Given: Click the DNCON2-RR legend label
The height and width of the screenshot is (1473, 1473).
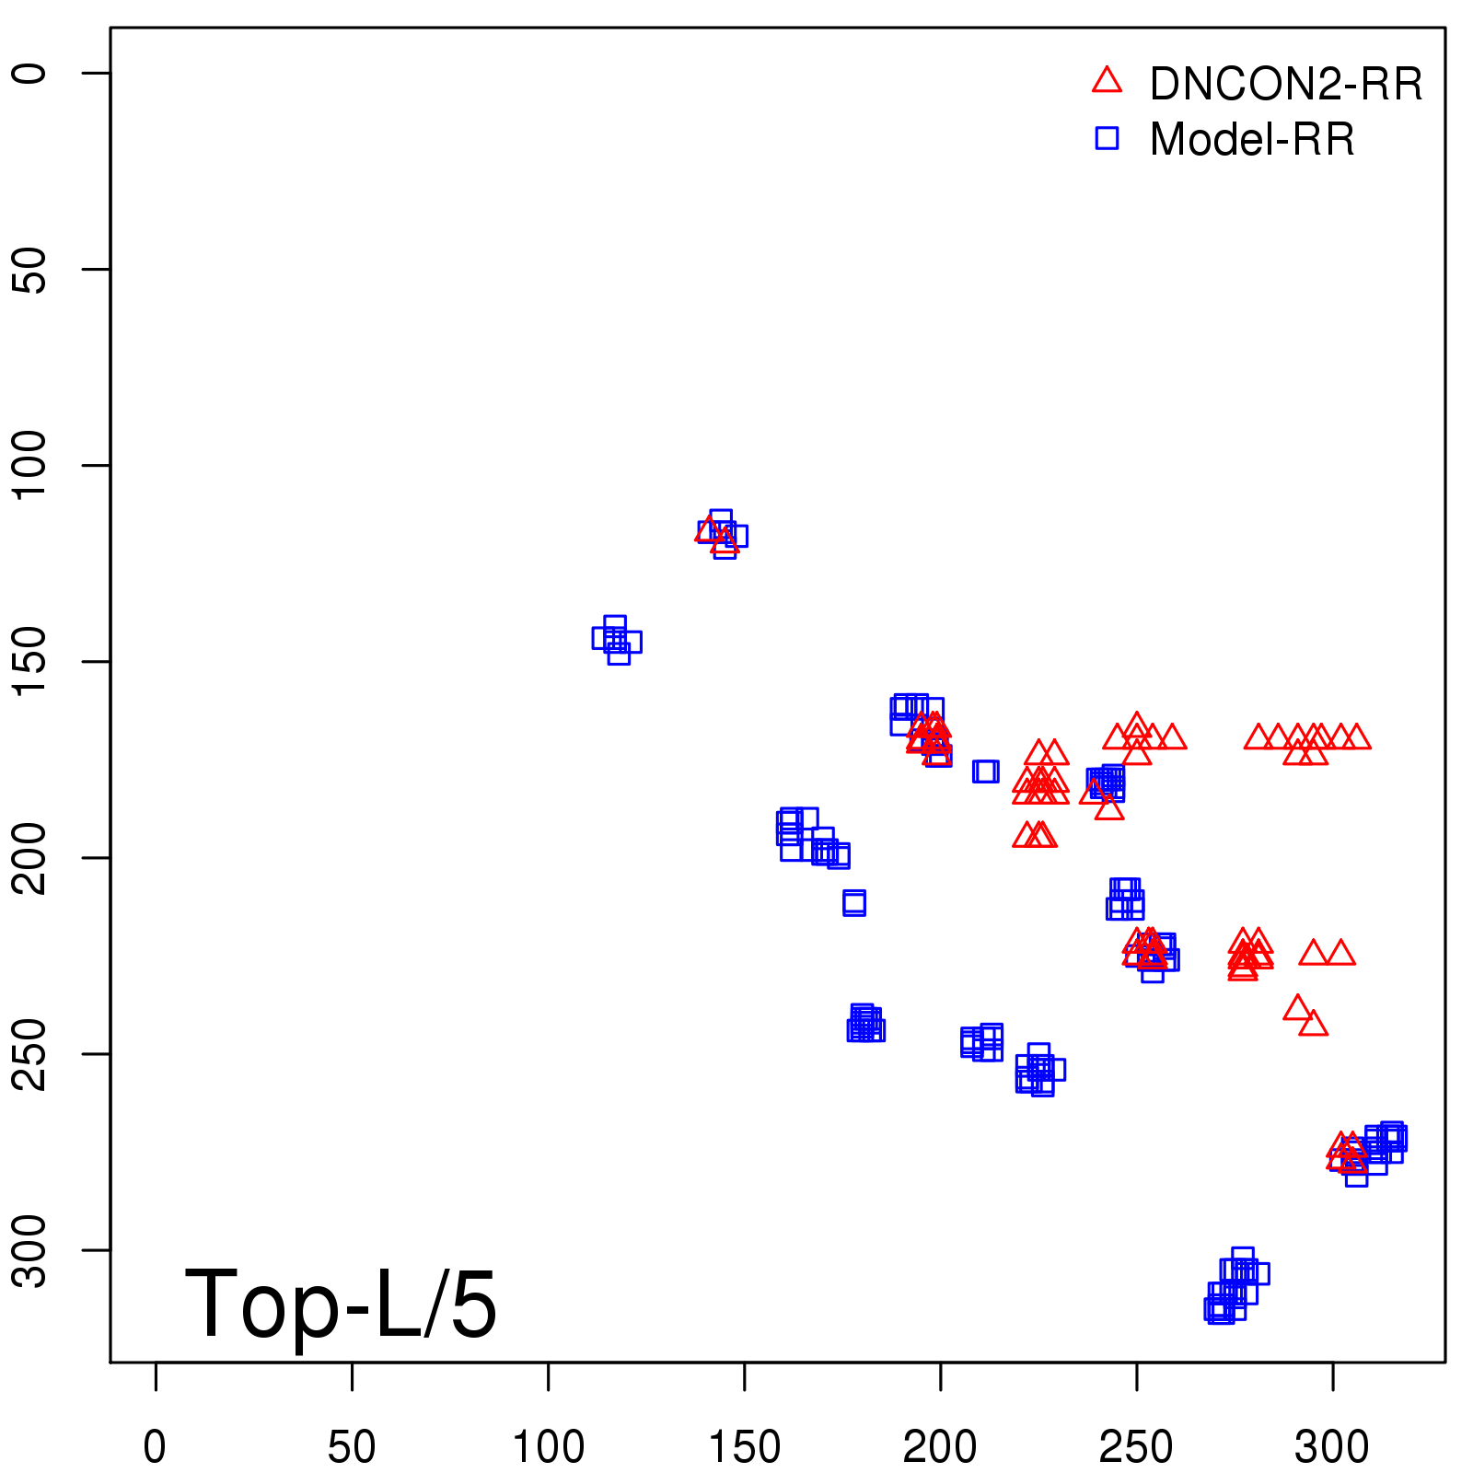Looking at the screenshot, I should tap(1285, 85).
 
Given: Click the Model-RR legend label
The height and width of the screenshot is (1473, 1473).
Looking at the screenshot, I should tap(1251, 140).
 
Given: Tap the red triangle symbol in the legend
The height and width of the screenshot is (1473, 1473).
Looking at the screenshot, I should tap(1107, 81).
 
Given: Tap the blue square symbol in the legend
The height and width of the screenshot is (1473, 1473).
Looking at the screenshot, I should tap(1107, 138).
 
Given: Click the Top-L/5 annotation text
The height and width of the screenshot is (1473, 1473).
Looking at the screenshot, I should tap(341, 1304).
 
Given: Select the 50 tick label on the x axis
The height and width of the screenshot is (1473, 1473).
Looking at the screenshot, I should tap(352, 1446).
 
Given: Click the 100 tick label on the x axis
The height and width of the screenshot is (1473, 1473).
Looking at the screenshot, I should tap(548, 1446).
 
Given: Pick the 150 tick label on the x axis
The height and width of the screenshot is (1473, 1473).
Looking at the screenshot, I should tap(744, 1446).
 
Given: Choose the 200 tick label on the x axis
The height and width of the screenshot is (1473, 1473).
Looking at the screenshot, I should tap(940, 1446).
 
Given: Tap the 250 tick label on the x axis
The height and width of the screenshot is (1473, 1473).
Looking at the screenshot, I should tap(1136, 1446).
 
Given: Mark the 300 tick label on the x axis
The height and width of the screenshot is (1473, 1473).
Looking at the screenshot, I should tap(1332, 1446).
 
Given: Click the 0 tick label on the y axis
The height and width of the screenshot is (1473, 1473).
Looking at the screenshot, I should tap(29, 73).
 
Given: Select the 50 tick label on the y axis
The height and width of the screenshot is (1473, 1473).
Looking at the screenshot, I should tap(29, 269).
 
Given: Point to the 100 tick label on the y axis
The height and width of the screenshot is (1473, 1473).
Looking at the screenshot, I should tap(29, 465).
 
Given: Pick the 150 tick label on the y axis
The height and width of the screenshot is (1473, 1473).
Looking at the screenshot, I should tap(29, 661).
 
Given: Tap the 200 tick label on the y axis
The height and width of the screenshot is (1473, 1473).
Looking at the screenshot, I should tap(29, 857).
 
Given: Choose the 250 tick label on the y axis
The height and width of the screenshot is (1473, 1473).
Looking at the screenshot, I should tap(29, 1053).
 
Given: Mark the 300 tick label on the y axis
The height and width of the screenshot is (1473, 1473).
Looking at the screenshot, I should tap(29, 1249).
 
